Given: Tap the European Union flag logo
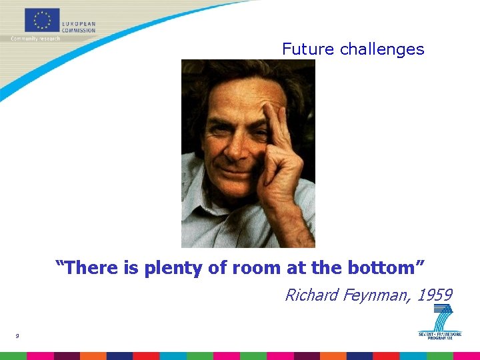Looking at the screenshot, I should coord(42,21).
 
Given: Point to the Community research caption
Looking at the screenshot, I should coord(35,39).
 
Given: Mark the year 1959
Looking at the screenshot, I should coord(435,295).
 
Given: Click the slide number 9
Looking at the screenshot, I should coord(17,336).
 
